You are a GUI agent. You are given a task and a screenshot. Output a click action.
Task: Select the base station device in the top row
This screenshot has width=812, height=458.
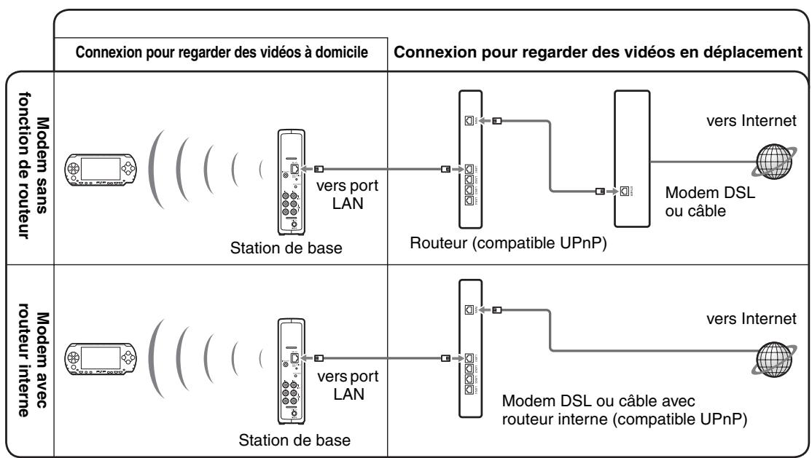click(x=289, y=178)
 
